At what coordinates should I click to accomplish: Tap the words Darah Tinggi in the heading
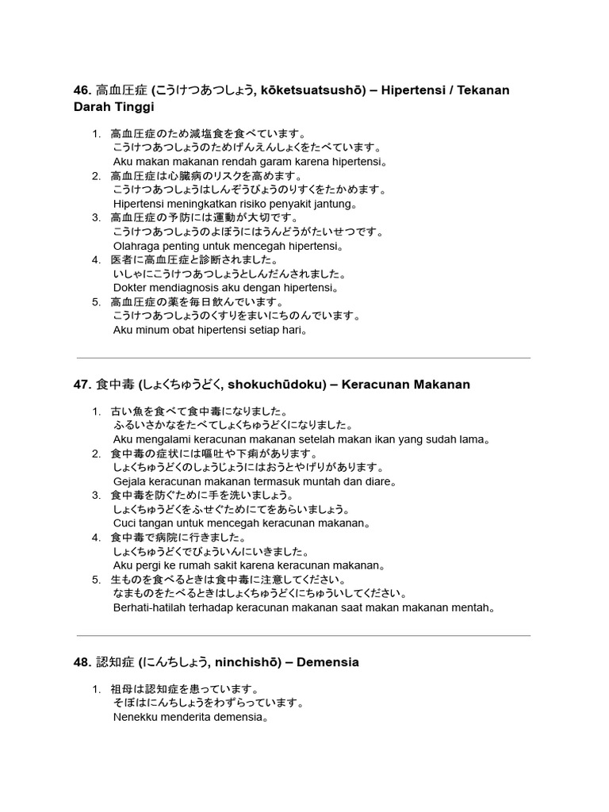pyautogui.click(x=114, y=106)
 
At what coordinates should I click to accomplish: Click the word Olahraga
pyautogui.click(x=137, y=247)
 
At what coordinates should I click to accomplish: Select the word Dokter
pyautogui.click(x=131, y=289)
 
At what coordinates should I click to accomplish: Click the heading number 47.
pyautogui.click(x=82, y=385)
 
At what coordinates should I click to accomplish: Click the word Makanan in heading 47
pyautogui.click(x=442, y=385)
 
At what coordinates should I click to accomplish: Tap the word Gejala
pyautogui.click(x=132, y=481)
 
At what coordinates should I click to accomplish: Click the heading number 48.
pyautogui.click(x=82, y=662)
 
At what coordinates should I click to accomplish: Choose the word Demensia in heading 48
pyautogui.click(x=329, y=662)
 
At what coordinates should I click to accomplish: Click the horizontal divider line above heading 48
pyautogui.click(x=304, y=635)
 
